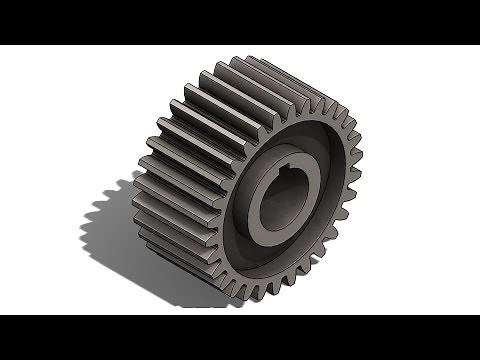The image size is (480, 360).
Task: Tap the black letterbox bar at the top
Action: [240, 20]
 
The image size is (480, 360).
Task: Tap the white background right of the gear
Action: [420, 180]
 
